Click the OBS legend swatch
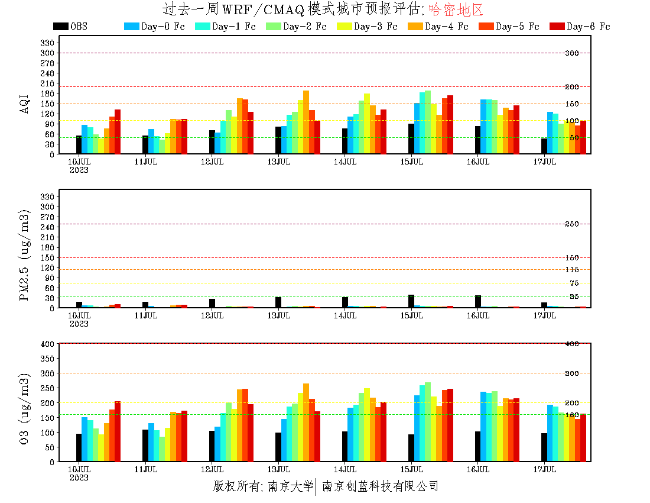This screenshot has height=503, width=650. [x=60, y=27]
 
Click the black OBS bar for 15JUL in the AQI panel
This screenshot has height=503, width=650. [x=411, y=139]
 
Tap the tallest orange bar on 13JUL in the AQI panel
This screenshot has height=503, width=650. [x=306, y=122]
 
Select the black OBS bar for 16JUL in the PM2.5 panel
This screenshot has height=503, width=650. [x=477, y=302]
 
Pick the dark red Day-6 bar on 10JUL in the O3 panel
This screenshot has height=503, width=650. [x=118, y=431]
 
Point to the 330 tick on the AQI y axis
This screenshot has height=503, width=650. [x=48, y=43]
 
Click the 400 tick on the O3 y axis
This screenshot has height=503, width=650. [x=48, y=344]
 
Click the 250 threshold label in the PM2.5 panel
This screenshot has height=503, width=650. [x=571, y=224]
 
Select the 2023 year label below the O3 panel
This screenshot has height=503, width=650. [x=79, y=478]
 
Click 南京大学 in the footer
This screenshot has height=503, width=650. [x=290, y=486]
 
